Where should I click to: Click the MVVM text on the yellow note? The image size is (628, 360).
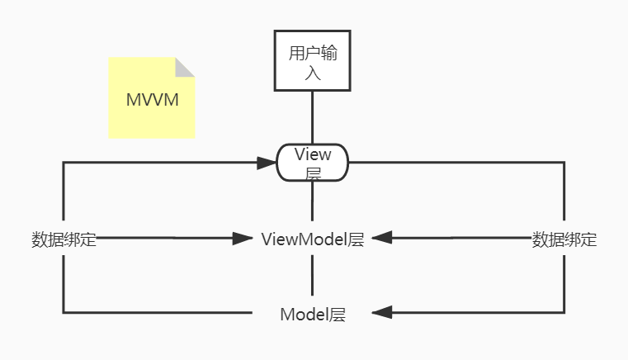click(152, 100)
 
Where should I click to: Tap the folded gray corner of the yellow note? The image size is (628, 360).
click(185, 68)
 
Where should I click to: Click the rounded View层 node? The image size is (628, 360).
click(313, 163)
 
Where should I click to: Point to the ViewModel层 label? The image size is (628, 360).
click(313, 239)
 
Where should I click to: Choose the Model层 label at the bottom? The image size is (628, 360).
click(313, 314)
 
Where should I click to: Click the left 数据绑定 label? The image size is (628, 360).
click(64, 240)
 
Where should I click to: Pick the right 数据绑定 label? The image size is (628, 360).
click(564, 240)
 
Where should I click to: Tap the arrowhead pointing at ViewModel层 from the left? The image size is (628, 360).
click(243, 239)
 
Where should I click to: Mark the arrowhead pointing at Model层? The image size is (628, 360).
click(382, 313)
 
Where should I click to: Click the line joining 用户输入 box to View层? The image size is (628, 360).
click(313, 116)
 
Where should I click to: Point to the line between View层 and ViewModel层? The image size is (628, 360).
click(313, 202)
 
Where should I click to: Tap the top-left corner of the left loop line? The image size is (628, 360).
click(64, 163)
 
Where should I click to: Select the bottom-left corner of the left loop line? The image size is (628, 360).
click(64, 312)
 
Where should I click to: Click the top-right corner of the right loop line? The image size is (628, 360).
click(564, 163)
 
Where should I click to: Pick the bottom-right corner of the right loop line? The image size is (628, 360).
click(564, 313)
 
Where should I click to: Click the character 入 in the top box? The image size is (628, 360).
click(313, 73)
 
